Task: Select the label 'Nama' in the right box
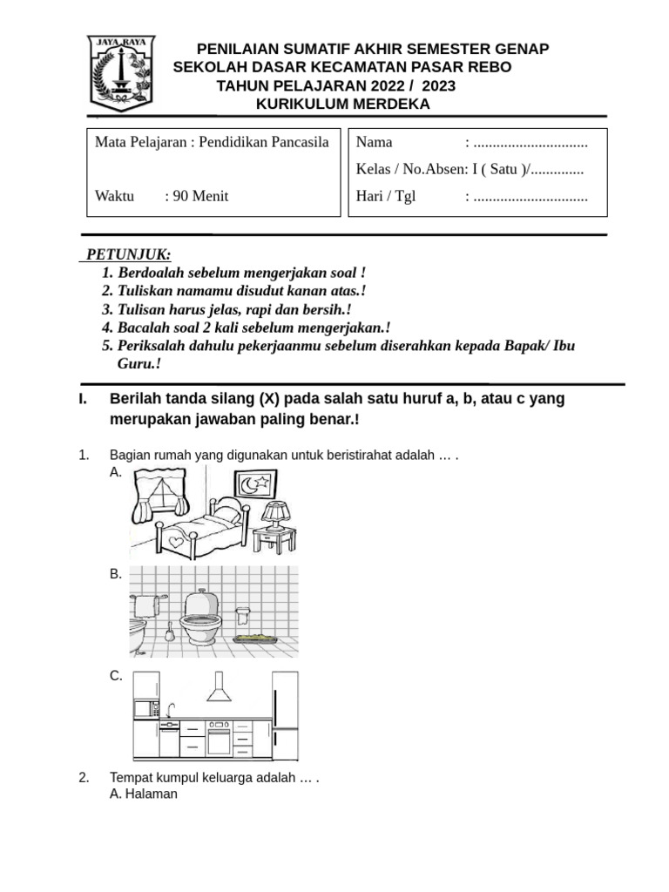(375, 142)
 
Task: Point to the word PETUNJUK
(129, 254)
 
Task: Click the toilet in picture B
(202, 617)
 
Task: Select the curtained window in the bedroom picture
(159, 492)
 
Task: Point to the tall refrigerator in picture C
(285, 714)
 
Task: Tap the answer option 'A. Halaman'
(144, 794)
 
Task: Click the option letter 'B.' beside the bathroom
(116, 574)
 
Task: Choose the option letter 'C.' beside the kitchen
(116, 676)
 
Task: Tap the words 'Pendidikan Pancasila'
(264, 142)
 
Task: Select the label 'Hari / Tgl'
(386, 196)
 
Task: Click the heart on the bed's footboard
(177, 541)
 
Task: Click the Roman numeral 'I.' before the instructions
(84, 399)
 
